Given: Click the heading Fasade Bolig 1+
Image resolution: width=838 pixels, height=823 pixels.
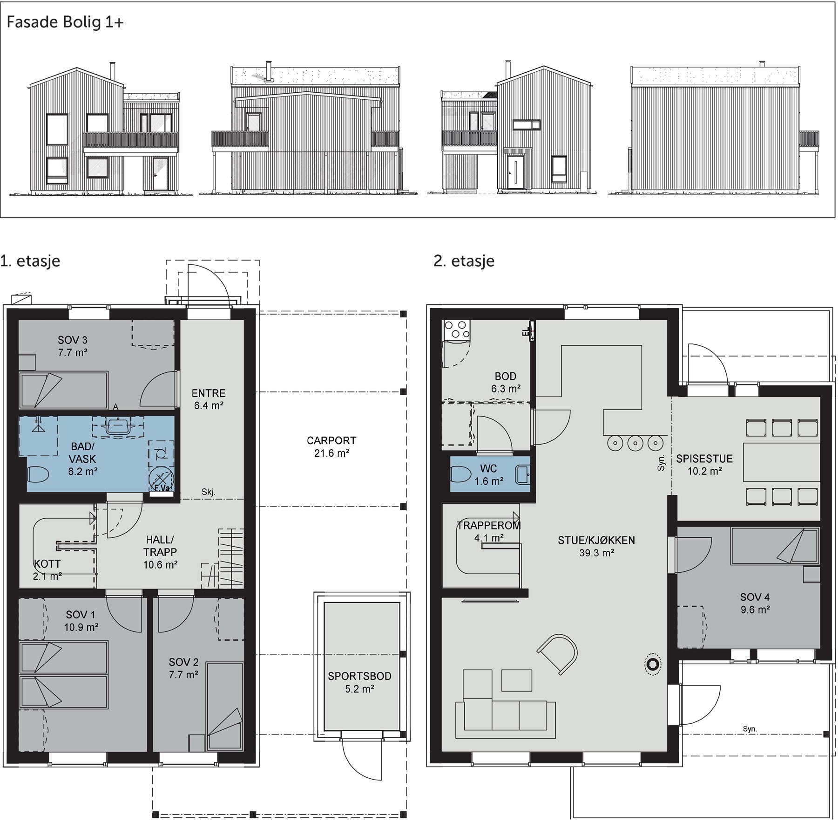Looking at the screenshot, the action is tap(65, 22).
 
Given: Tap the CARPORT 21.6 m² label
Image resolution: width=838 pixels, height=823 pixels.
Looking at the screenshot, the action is tap(331, 446).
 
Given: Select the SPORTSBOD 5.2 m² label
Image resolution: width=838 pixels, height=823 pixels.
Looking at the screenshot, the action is tap(359, 682).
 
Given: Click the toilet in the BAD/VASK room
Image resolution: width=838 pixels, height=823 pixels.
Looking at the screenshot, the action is tap(39, 475).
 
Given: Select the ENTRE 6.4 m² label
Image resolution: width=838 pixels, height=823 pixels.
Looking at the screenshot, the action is tap(209, 399).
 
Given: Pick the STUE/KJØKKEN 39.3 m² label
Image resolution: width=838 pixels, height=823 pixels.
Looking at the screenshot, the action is tap(596, 546).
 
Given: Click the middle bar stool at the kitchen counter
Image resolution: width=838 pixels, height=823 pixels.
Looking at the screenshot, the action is tap(635, 443).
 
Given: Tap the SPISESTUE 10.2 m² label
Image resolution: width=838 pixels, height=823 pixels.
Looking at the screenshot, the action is tap(704, 465).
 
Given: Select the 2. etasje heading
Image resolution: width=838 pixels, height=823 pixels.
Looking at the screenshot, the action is tap(464, 261).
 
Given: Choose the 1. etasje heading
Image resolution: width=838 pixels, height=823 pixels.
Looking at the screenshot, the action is tap(30, 261).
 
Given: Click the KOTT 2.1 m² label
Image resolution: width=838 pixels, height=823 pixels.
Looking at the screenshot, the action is tap(47, 569).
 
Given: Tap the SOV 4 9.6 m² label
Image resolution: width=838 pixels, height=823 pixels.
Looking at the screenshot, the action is tap(755, 603).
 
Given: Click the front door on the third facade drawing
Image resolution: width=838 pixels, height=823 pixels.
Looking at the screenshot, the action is tap(515, 172).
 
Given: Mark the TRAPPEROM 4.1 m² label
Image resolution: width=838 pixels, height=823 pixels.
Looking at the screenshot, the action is tap(488, 532).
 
